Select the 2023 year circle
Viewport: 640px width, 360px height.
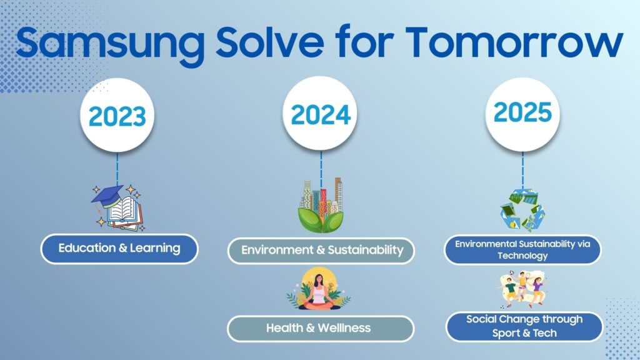117,116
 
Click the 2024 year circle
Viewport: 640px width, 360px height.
320,114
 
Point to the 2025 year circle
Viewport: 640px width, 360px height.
522,114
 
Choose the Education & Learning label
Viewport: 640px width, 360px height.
119,249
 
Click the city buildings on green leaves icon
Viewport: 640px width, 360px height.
321,205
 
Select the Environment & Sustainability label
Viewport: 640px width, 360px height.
321,250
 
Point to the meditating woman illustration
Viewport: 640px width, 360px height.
319,289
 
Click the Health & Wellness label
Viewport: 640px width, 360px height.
321,329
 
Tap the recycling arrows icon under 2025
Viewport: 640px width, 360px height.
522,211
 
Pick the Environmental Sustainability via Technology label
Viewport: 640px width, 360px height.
522,249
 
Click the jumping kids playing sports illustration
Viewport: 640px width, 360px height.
522,289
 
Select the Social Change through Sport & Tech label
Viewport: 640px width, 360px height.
524,326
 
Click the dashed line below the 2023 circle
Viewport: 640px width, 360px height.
117,169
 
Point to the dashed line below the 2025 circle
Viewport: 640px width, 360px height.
522,170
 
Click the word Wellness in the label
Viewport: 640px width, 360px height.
344,328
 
